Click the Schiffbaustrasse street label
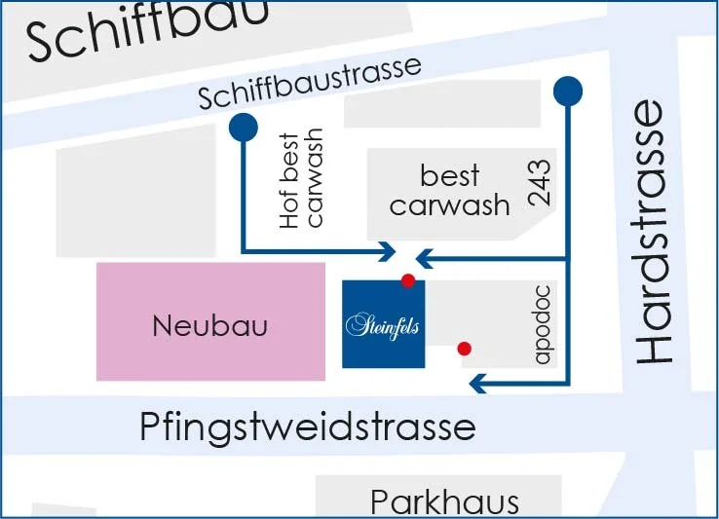(x=310, y=84)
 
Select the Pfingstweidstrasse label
(x=308, y=426)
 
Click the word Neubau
(x=209, y=325)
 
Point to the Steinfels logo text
(x=383, y=325)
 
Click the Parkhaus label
(x=444, y=501)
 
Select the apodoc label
(x=543, y=325)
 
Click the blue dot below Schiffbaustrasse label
(x=242, y=127)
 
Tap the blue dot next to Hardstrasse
(x=567, y=92)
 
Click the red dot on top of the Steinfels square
(x=408, y=280)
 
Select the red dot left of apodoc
(x=465, y=348)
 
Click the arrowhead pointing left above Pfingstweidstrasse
(x=478, y=383)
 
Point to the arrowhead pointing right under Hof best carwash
(x=387, y=251)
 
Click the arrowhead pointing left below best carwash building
(x=425, y=259)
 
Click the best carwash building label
(x=450, y=191)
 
